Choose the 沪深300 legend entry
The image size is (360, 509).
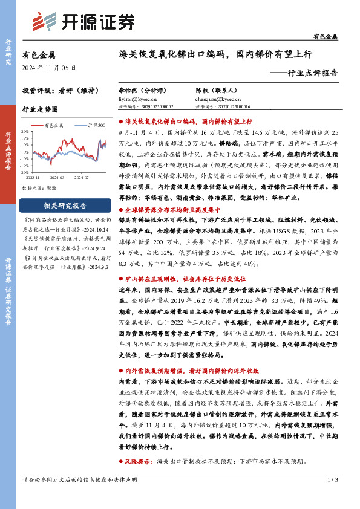click(93, 125)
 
